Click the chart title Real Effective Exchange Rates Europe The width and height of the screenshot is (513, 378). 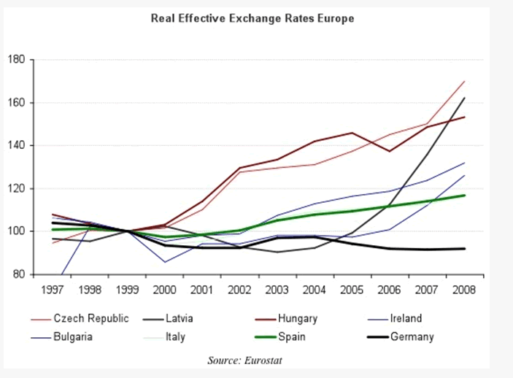pos(252,18)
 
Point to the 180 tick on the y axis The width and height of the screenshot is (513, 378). pos(17,59)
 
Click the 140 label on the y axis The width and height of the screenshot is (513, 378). pos(17,145)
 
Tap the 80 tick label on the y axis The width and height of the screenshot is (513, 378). pos(20,274)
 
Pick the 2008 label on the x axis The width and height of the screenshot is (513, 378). pos(464,289)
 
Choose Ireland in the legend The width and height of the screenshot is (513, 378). pos(406,319)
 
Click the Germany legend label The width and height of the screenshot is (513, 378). pos(412,337)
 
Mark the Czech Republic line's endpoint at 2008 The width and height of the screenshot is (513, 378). pos(465,81)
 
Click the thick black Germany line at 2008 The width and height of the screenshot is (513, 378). pos(465,249)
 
